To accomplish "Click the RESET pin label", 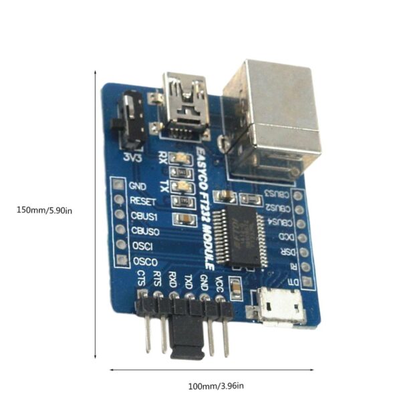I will tap(143, 200).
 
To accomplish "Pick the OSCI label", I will tap(142, 246).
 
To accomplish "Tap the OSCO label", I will tap(144, 261).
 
